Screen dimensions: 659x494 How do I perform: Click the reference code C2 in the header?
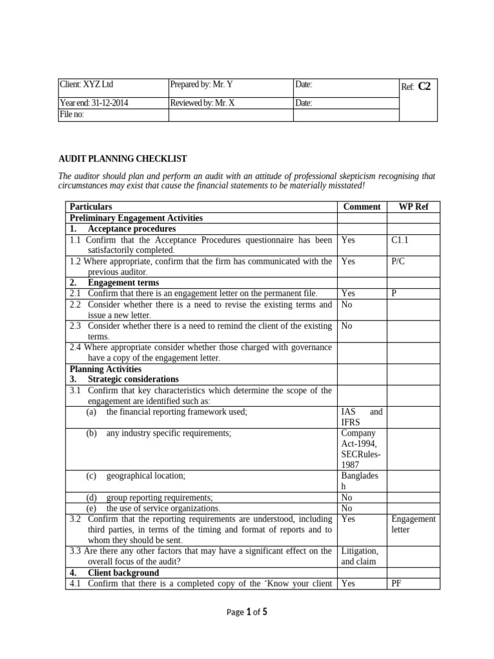point(424,86)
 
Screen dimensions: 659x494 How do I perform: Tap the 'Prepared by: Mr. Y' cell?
point(201,84)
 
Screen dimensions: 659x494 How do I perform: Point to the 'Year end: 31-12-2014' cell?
point(91,103)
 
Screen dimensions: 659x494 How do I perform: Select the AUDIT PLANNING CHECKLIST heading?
point(122,159)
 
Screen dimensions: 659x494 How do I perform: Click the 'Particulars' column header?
point(91,207)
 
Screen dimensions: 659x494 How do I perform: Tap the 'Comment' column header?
point(362,207)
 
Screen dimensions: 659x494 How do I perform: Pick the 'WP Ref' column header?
point(414,207)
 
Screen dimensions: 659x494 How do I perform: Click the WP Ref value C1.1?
point(400,239)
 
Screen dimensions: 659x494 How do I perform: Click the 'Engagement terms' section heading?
point(123,283)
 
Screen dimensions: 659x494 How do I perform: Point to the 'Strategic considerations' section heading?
point(133,379)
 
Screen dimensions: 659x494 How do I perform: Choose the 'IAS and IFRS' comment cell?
point(361,417)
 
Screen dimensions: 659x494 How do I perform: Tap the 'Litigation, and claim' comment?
point(360,556)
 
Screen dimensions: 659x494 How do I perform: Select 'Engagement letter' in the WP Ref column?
point(413,524)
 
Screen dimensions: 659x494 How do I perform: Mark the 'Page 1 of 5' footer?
point(246,613)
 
